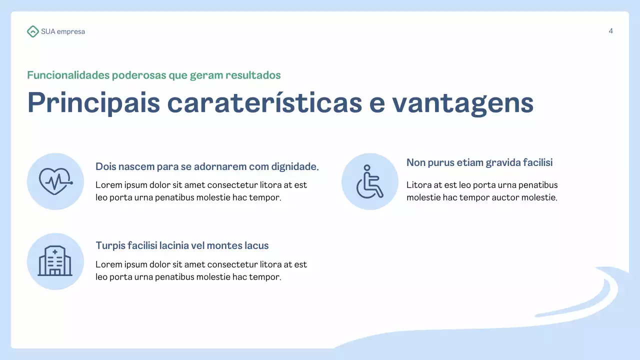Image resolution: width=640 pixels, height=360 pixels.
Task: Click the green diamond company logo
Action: coord(32,31)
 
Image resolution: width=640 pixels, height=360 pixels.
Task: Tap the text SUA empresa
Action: coord(63,31)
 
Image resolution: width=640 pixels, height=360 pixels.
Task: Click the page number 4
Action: coord(610,31)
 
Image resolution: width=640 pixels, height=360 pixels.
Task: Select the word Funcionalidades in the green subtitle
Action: coord(68,75)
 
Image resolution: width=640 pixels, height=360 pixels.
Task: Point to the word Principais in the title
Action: coord(93,102)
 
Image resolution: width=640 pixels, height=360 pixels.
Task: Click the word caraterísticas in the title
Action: coord(264,102)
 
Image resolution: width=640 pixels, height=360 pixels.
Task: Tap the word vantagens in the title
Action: coord(462,102)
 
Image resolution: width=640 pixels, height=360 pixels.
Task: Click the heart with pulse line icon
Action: coord(55,181)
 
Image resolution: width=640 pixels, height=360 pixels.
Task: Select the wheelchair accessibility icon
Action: coord(369,181)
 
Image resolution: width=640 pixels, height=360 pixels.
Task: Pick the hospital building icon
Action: coord(55,261)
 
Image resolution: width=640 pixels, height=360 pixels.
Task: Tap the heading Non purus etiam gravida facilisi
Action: coord(479,162)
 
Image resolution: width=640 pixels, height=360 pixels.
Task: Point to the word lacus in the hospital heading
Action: coord(257,245)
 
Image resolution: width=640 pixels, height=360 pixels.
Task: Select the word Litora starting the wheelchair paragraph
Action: coord(417,185)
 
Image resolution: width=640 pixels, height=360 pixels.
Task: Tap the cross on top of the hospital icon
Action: coord(55,251)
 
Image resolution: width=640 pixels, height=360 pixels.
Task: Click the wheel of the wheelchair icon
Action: coord(366,189)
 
